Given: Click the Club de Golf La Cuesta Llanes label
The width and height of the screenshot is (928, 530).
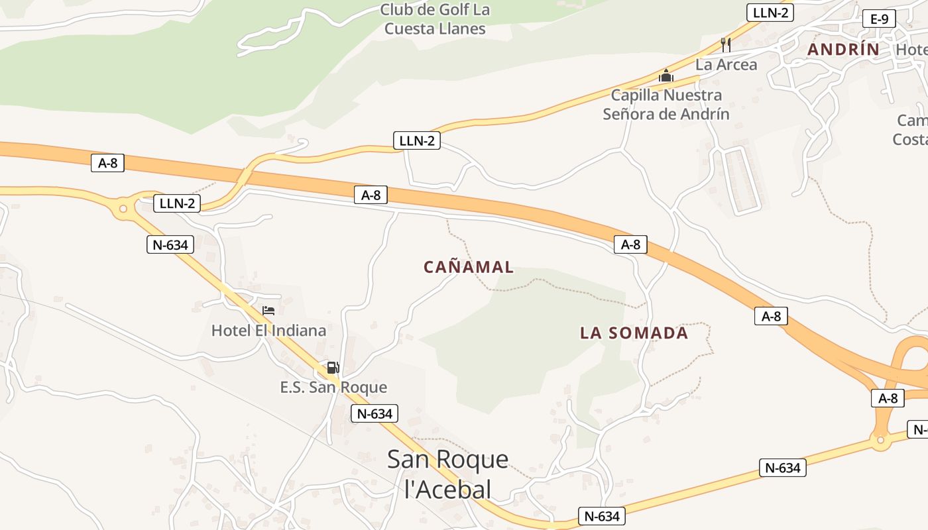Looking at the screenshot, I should point(435,19).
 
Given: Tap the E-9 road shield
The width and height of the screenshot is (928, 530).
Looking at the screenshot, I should point(879,19).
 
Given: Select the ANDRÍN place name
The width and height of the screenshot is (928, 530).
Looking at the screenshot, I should point(843,49).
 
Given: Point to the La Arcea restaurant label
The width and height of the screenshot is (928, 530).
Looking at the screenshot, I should point(726,65).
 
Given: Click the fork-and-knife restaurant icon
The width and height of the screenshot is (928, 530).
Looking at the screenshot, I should point(726,45).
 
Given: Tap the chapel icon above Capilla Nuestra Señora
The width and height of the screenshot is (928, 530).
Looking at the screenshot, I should point(666,76).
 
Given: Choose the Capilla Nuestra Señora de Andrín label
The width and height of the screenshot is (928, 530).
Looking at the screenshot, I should point(666,105).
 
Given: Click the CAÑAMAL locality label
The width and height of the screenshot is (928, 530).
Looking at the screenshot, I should point(469,267).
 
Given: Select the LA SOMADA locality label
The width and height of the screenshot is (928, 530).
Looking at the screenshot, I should point(634,333).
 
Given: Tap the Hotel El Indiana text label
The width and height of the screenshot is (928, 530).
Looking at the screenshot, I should point(268,330).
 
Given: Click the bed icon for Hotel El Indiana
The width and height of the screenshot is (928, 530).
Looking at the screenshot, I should point(268,310).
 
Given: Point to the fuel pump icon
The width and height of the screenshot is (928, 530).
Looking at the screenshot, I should point(333,368).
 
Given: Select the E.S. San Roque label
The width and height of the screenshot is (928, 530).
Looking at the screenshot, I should point(333,387).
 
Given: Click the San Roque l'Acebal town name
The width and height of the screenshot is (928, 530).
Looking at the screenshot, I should point(448,474).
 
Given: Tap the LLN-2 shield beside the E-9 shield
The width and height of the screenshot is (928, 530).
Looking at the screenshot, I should point(770,12).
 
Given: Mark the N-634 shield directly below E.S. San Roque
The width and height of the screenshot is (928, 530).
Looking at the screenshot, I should point(375,414).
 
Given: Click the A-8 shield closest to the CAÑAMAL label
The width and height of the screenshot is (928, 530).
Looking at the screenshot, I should point(371,195).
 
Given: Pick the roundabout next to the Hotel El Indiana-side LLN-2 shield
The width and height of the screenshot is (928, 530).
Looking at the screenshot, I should point(123,209).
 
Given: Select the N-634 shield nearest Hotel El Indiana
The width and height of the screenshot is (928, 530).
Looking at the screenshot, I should point(170,244).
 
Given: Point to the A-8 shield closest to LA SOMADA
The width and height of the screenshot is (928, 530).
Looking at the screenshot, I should point(630,244).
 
